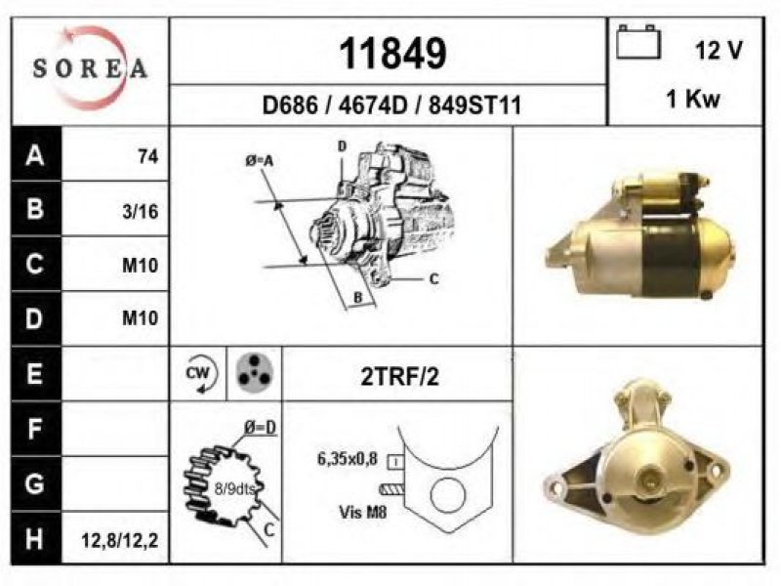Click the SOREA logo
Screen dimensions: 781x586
pyautogui.click(x=90, y=67)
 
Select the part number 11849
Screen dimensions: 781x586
pyautogui.click(x=392, y=54)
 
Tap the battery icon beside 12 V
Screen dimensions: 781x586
pyautogui.click(x=638, y=42)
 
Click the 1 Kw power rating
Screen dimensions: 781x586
pyautogui.click(x=693, y=99)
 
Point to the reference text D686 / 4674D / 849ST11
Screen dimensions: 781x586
pyautogui.click(x=391, y=105)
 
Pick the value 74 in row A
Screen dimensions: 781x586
pyautogui.click(x=148, y=157)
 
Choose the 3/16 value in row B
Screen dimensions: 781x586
pyautogui.click(x=140, y=212)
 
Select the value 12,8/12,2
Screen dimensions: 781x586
pyautogui.click(x=120, y=540)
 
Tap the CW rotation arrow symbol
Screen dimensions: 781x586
pyautogui.click(x=199, y=374)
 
